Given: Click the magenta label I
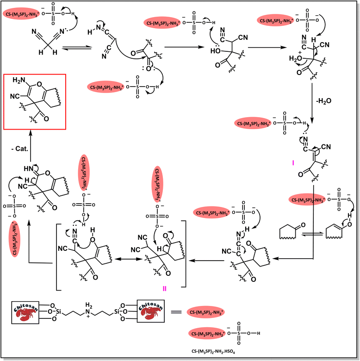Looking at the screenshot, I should (292, 162).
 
